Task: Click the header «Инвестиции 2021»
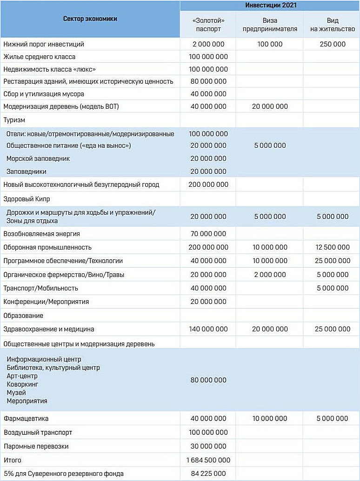click(270, 6)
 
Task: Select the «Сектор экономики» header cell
click(90, 19)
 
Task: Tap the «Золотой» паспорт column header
click(208, 25)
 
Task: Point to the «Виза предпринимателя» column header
click(270, 25)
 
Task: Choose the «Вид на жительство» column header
click(332, 25)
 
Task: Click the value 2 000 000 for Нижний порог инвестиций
click(208, 44)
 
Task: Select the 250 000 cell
click(332, 44)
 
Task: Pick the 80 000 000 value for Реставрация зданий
click(208, 81)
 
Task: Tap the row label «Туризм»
click(13, 120)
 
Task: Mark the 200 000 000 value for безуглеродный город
click(208, 184)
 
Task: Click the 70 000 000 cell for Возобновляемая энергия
click(208, 234)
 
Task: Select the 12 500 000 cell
click(332, 247)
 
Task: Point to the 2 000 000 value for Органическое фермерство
click(270, 275)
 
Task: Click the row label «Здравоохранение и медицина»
click(49, 329)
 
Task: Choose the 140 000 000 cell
click(208, 329)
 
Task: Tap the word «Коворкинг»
click(22, 384)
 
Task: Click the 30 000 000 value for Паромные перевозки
click(208, 446)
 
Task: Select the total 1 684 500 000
click(208, 460)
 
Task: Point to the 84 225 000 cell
click(208, 474)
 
